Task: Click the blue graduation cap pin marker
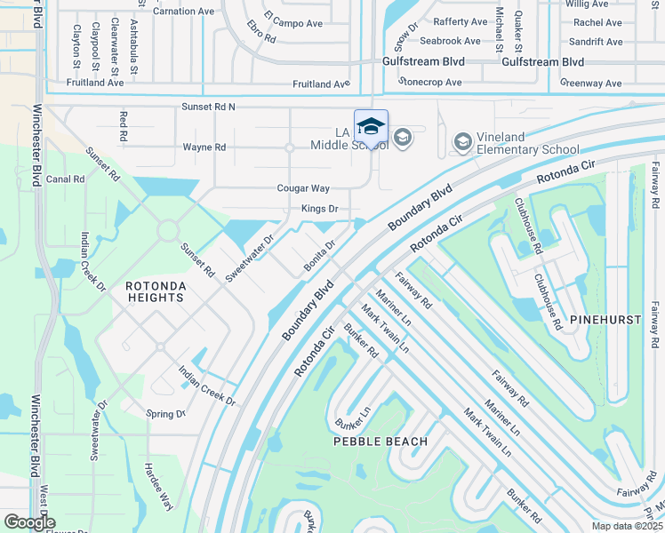coord(371,126)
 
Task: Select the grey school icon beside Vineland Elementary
coord(462,141)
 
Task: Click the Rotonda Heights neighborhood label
coord(155,291)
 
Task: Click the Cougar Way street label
coord(303,188)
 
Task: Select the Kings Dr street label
coord(320,210)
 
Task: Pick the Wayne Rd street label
coord(204,147)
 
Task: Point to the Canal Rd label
coord(66,179)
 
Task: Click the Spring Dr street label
coord(166,414)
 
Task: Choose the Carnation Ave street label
coord(184,12)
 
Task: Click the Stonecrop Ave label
coord(430,83)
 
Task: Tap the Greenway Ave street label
coord(591,83)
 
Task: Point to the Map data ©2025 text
coord(628,526)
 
